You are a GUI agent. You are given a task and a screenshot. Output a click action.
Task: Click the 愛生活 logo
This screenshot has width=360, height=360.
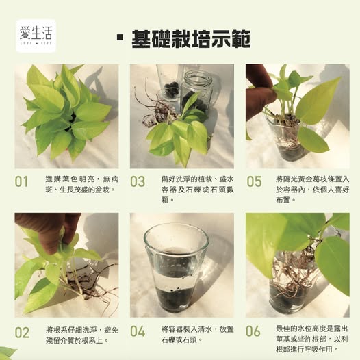tap(36, 36)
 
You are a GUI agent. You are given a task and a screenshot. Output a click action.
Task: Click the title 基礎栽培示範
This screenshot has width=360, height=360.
tap(191, 39)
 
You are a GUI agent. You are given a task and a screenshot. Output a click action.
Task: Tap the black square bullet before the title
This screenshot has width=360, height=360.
tap(120, 38)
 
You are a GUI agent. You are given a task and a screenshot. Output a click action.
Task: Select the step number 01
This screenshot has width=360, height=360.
tap(21, 181)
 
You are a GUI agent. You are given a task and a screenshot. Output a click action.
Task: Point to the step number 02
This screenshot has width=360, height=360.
tap(22, 333)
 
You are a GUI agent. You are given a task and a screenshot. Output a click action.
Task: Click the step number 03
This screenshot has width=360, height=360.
tap(138, 181)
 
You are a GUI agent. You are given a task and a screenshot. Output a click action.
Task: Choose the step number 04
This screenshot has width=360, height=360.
tap(138, 331)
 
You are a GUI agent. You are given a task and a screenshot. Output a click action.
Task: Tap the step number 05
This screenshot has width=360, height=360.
tap(254, 181)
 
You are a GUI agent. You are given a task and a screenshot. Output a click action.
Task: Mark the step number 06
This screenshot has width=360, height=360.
tap(253, 331)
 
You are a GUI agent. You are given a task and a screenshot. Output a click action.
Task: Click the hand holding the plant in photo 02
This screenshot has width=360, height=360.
tap(48, 231)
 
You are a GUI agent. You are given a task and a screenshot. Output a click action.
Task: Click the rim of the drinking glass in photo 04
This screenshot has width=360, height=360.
tap(177, 227)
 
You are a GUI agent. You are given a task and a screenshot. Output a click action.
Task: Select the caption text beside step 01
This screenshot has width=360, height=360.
tap(82, 184)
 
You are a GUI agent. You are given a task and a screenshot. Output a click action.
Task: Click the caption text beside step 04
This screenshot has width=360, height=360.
tap(197, 335)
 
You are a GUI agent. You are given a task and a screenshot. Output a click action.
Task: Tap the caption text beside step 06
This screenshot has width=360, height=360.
tap(312, 339)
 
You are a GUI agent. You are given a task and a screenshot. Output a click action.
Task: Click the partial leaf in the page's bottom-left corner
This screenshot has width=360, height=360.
tap(6, 354)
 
